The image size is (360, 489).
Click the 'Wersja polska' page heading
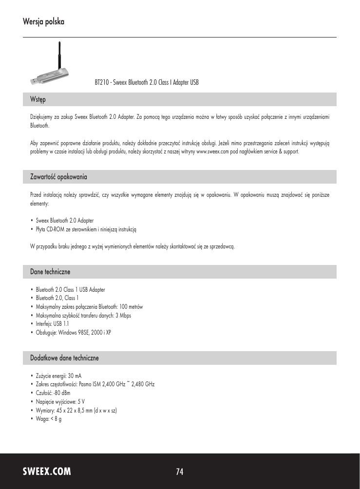pos(43,22)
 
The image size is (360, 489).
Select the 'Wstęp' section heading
pos(38,99)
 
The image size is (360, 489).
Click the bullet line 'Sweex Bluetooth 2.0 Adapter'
pos(65,220)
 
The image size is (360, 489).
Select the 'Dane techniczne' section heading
pos(51,270)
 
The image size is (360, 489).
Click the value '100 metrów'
pos(131,307)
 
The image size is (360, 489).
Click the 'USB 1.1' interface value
pos(61,323)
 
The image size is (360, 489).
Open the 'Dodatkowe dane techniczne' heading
pos(64,358)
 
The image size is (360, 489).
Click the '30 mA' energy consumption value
pos(75,376)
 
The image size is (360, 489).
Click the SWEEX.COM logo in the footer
pos(47,471)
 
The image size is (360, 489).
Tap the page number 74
pos(180,471)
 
